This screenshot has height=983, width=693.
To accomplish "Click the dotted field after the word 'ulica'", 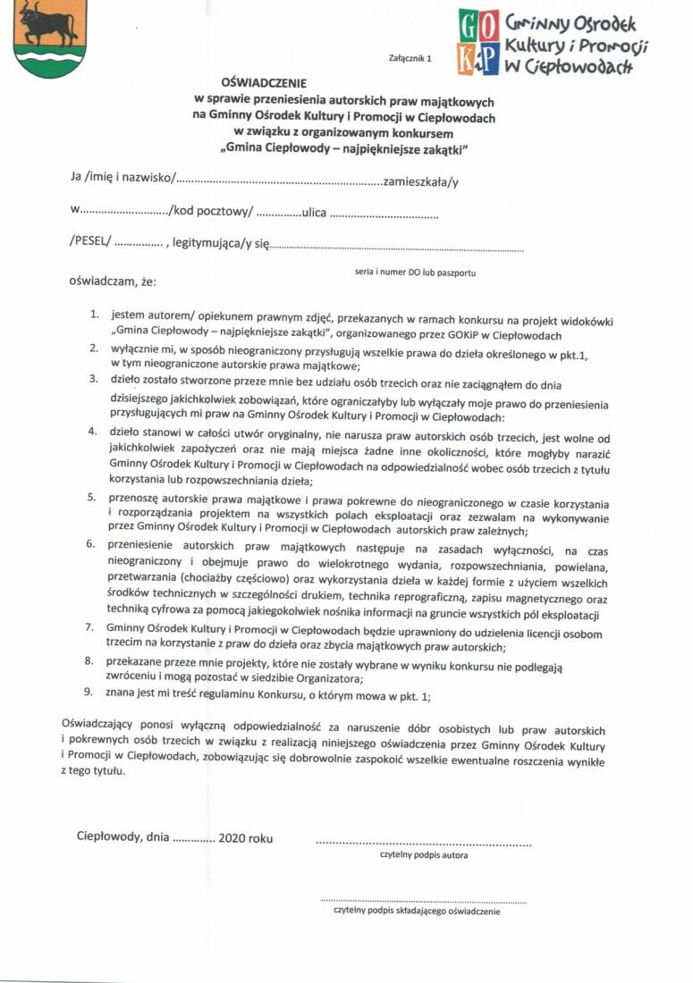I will click(385, 215).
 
